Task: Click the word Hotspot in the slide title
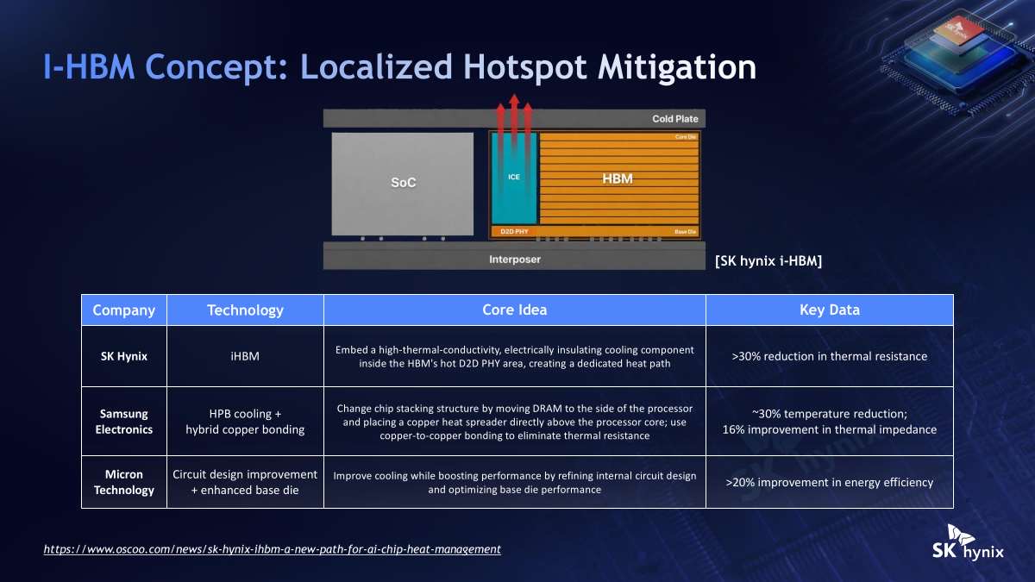coord(525,67)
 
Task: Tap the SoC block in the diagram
coord(403,184)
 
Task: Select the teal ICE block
coord(514,178)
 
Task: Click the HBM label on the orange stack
coord(618,178)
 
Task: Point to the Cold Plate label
coord(675,119)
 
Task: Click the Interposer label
coord(515,260)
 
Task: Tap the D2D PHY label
coord(514,231)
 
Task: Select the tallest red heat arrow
coord(514,120)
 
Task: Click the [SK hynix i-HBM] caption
coord(768,261)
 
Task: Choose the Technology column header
coord(245,310)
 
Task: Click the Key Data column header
coord(830,310)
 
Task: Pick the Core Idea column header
coord(514,310)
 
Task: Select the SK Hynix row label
coord(124,356)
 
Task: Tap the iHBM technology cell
coord(245,356)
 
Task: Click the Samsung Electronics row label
coord(124,422)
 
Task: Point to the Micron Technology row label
coord(124,482)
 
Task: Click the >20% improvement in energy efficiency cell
coord(830,482)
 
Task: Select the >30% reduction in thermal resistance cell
coord(830,356)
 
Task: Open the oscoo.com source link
coord(273,549)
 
